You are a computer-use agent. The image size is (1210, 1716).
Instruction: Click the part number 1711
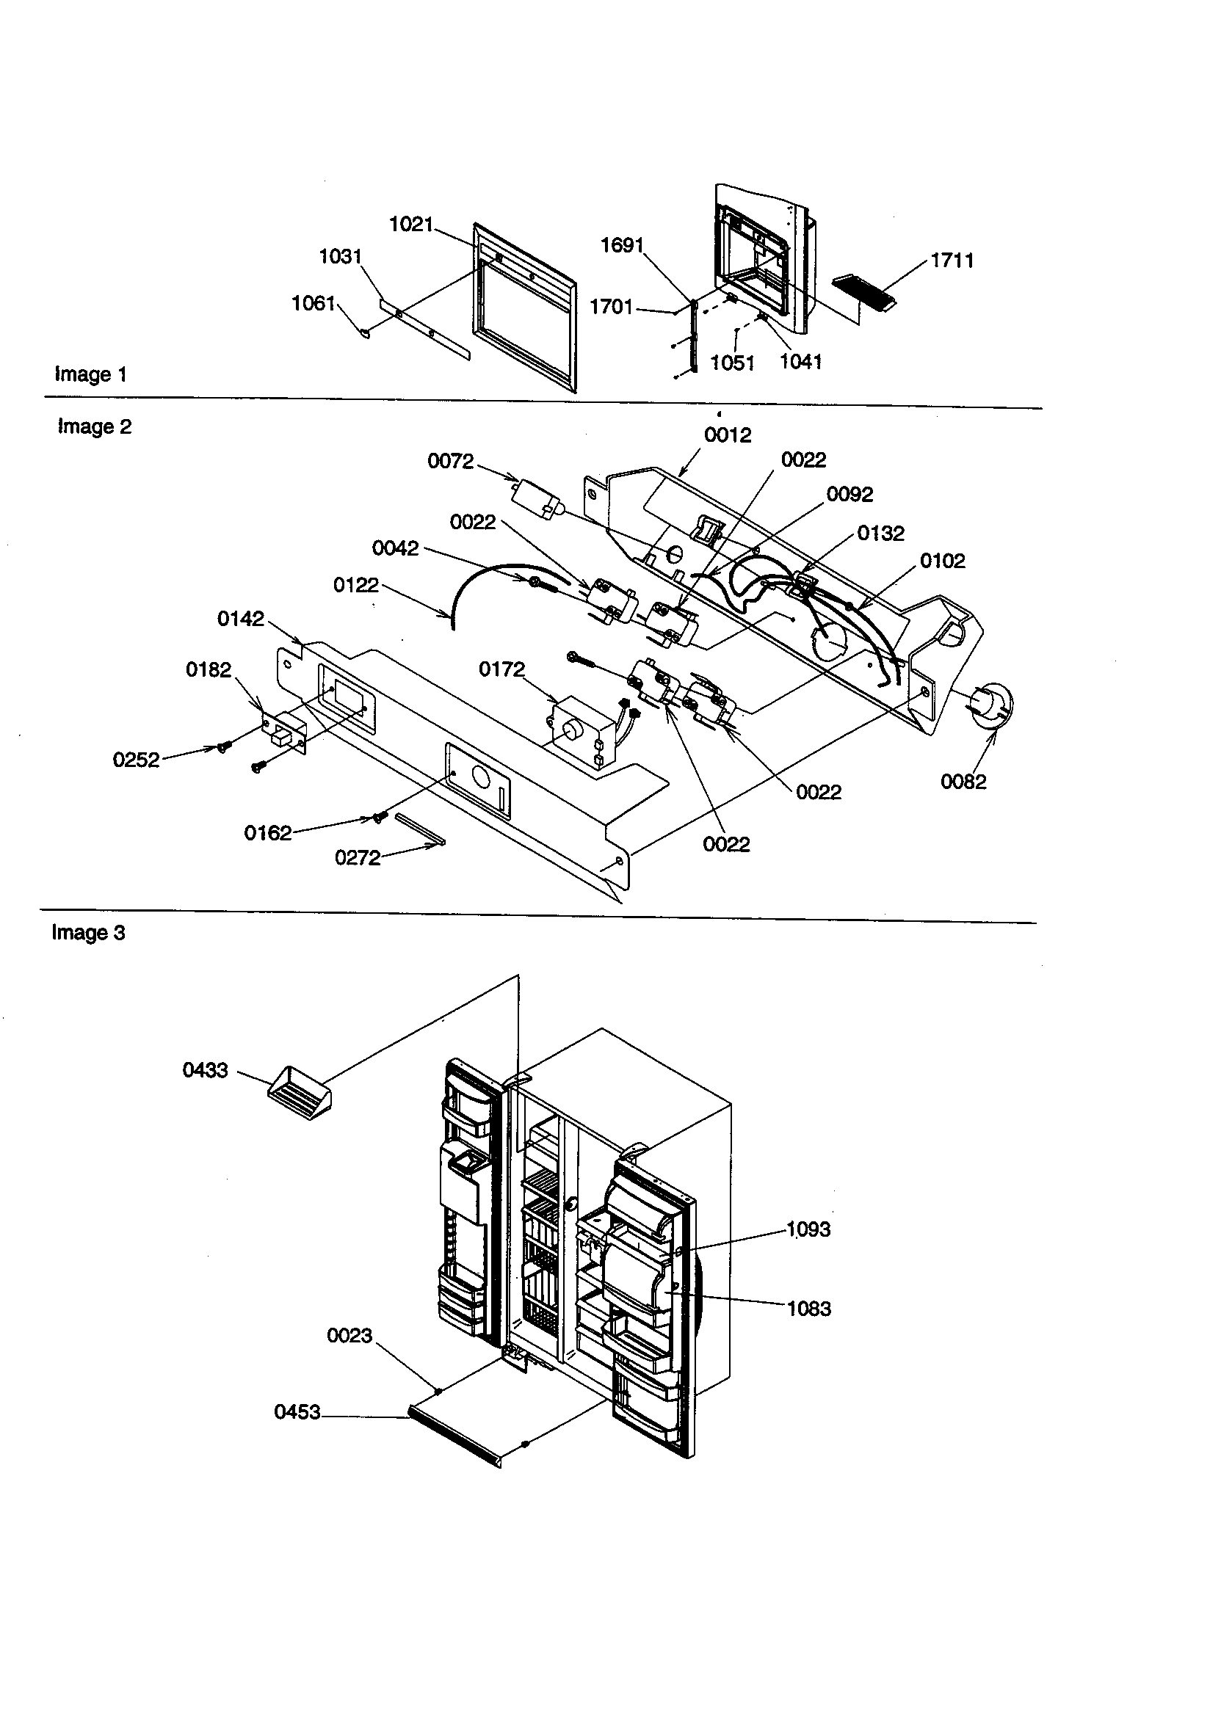(952, 261)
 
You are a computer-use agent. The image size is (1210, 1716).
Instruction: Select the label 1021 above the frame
(411, 224)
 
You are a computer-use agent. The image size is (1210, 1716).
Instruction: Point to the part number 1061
(313, 303)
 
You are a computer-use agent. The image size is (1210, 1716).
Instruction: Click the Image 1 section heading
(90, 374)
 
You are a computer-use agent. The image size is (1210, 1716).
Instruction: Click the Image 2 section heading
(94, 426)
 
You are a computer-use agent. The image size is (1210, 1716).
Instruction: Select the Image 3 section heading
(88, 933)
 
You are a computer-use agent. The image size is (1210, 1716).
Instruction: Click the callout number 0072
(450, 461)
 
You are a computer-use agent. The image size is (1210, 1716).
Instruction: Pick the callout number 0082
(963, 782)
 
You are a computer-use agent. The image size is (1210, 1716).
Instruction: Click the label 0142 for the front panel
(240, 619)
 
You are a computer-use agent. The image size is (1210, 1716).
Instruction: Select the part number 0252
(136, 760)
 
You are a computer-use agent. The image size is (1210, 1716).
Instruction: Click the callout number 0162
(268, 833)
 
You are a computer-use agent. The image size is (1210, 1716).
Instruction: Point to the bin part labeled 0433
(299, 1093)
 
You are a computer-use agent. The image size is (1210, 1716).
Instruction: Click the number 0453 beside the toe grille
(297, 1412)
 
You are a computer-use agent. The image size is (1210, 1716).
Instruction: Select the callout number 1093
(808, 1229)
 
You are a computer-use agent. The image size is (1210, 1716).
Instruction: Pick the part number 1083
(809, 1309)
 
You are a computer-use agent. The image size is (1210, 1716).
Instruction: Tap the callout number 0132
(880, 534)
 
